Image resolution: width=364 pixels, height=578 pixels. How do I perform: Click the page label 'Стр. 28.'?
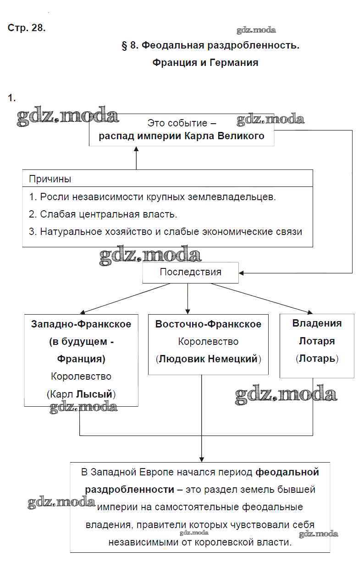pyautogui.click(x=27, y=28)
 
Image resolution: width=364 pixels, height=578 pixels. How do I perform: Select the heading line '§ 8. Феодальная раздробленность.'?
pyautogui.click(x=210, y=45)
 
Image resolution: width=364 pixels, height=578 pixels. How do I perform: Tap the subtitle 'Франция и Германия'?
pyautogui.click(x=205, y=63)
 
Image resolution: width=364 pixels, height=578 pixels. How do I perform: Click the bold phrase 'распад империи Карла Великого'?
pyautogui.click(x=182, y=136)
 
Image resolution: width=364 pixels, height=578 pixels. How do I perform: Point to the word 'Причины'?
pyautogui.click(x=50, y=179)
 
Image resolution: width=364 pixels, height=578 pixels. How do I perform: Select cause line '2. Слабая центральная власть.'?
pyautogui.click(x=103, y=214)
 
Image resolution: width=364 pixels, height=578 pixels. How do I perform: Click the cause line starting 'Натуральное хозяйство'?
pyautogui.click(x=165, y=232)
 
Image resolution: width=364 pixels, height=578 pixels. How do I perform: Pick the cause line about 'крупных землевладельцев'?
pyautogui.click(x=152, y=197)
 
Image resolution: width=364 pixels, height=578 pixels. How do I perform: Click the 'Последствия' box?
pyautogui.click(x=190, y=272)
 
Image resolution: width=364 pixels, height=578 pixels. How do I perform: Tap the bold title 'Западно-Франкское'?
pyautogui.click(x=81, y=324)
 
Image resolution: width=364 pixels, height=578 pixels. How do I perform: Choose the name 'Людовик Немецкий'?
pyautogui.click(x=208, y=359)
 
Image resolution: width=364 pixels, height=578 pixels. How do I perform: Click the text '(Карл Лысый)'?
pyautogui.click(x=81, y=393)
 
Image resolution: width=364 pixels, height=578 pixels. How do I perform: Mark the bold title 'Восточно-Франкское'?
pyautogui.click(x=208, y=324)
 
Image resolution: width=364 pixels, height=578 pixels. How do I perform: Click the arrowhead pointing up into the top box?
pyautogui.click(x=136, y=150)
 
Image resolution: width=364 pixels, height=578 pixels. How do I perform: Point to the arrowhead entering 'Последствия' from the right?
pyautogui.click(x=242, y=273)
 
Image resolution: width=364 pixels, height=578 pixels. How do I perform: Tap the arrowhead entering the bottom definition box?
pyautogui.click(x=201, y=458)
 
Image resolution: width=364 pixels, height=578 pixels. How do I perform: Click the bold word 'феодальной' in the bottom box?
pyautogui.click(x=287, y=472)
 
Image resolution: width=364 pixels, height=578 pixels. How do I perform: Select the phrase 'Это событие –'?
pyautogui.click(x=182, y=123)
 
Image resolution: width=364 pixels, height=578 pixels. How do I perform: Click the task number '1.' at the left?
pyautogui.click(x=12, y=98)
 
